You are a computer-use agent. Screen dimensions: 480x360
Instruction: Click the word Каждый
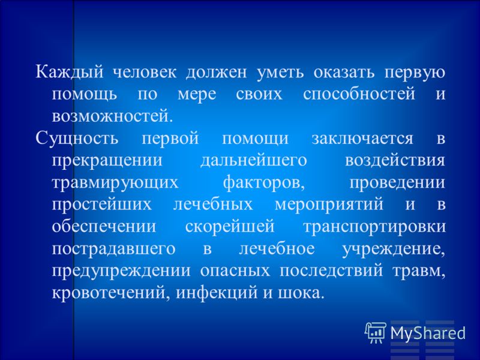pyautogui.click(x=69, y=73)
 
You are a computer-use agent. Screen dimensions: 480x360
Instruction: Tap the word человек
pyautogui.click(x=145, y=73)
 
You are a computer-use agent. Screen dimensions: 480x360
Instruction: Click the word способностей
pyautogui.click(x=359, y=94)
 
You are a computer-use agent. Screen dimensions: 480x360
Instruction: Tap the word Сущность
pyautogui.click(x=77, y=139)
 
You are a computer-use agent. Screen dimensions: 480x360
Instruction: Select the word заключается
pyautogui.click(x=362, y=139)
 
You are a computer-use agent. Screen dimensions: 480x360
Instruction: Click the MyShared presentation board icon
pyautogui.click(x=376, y=333)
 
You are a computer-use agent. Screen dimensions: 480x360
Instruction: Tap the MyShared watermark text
pyautogui.click(x=428, y=333)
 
